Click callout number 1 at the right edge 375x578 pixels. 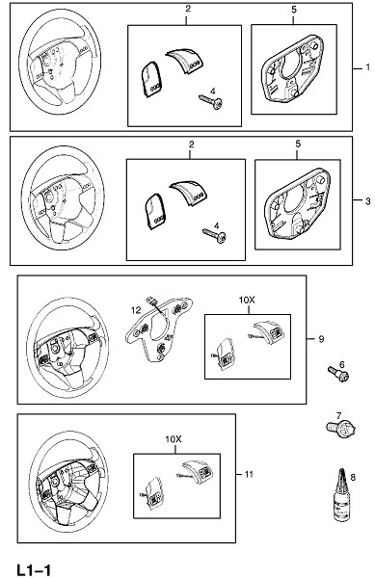coord(367,67)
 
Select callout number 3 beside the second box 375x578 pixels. coord(367,201)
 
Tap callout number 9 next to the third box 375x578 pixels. coord(321,339)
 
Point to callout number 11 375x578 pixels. coord(250,474)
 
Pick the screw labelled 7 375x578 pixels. coord(340,429)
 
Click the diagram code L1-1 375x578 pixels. coord(34,570)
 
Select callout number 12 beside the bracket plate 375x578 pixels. coord(136,310)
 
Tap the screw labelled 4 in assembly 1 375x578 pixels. coord(211,101)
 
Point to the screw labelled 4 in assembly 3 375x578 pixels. coord(215,234)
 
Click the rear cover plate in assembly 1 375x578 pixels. coord(293,67)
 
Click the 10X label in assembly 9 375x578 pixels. coord(247,301)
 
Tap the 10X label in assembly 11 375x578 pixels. coord(174,439)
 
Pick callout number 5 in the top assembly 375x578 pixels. coord(294,10)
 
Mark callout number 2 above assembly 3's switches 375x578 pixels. coord(192,144)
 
